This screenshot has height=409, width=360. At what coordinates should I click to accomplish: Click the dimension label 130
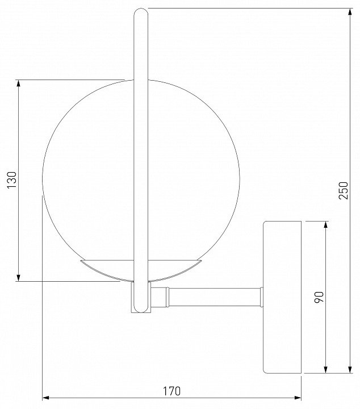[x=12, y=180]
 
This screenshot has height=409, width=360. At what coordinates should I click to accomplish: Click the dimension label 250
[x=344, y=191]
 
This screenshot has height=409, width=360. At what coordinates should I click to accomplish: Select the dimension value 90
[x=319, y=297]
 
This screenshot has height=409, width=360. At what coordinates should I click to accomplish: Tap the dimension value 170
[x=172, y=391]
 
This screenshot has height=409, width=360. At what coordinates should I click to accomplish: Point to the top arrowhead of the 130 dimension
[x=18, y=83]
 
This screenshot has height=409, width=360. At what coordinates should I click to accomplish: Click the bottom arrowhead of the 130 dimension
[x=18, y=278]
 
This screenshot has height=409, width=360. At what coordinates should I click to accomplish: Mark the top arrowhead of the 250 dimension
[x=350, y=12]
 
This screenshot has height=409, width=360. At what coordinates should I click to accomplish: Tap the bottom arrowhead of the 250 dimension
[x=350, y=369]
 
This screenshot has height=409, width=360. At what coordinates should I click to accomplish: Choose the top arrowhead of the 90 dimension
[x=325, y=225]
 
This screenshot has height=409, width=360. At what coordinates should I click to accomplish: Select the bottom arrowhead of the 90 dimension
[x=325, y=369]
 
